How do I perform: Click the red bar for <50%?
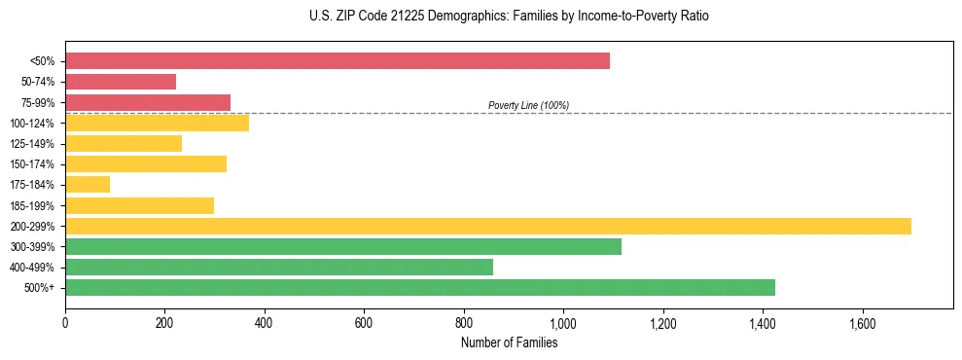coord(338,61)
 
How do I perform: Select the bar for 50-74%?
coord(121,82)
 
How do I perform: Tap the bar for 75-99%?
coord(148,102)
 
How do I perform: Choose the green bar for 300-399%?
coord(343,246)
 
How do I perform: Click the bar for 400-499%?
coord(279,267)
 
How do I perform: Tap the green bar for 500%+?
coord(420,287)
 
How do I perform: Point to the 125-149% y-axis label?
coord(32,144)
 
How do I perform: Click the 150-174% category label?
coord(32,164)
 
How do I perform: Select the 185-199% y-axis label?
coord(32,205)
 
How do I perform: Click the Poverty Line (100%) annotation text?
coord(528,105)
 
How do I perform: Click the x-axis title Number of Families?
coord(509,342)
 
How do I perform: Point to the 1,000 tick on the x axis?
coord(563,322)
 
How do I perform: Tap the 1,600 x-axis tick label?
coord(862,322)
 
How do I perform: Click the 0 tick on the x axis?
coord(65,322)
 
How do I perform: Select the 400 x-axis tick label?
coord(265,322)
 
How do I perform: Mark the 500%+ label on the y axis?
coord(40,288)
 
